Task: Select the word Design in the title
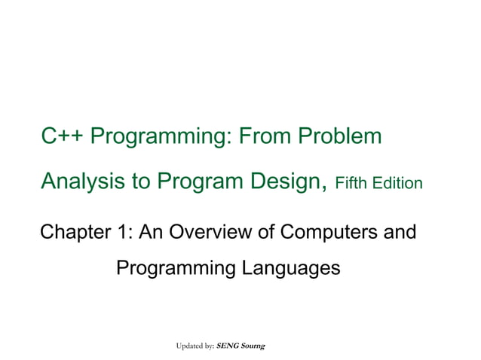288,182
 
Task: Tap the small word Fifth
351,183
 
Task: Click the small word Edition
397,183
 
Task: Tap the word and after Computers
399,232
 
